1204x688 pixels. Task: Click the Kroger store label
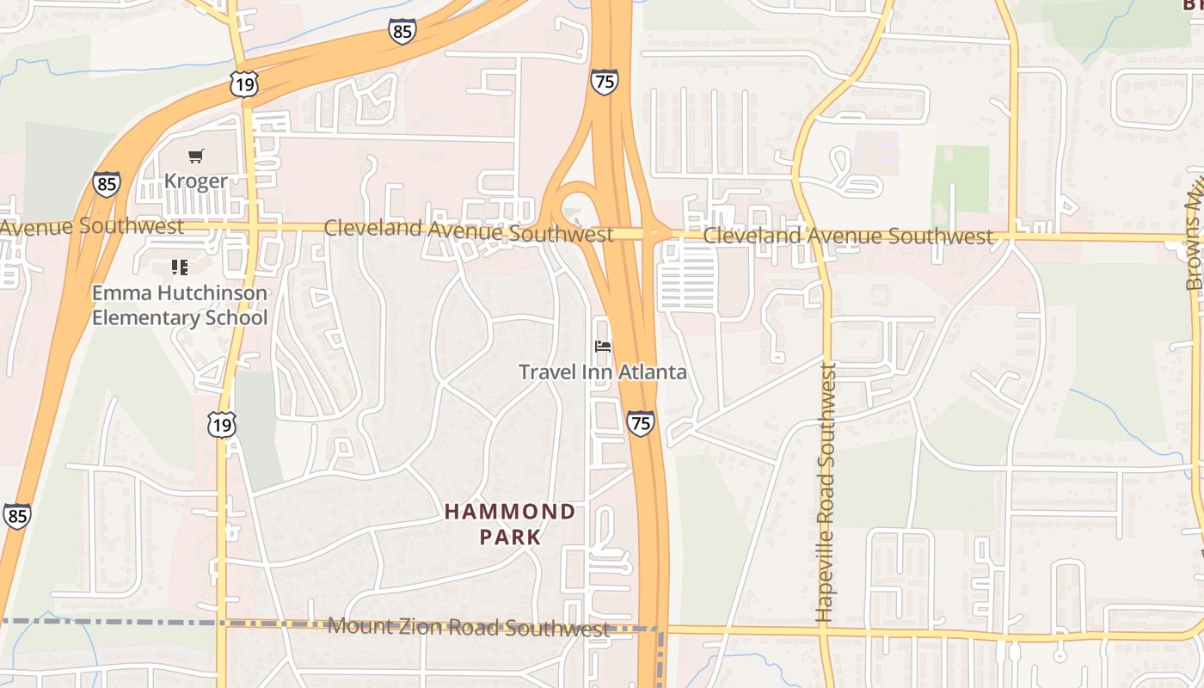pyautogui.click(x=195, y=181)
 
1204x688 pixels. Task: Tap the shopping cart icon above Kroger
pyautogui.click(x=196, y=156)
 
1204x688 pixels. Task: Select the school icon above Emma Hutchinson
pyautogui.click(x=179, y=267)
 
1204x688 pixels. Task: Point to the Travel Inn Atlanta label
pyautogui.click(x=602, y=372)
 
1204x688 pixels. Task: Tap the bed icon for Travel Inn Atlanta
pyautogui.click(x=603, y=347)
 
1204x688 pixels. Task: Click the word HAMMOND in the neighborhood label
pyautogui.click(x=510, y=513)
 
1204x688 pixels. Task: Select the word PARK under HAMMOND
pyautogui.click(x=510, y=537)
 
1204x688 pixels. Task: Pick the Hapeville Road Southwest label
pyautogui.click(x=826, y=492)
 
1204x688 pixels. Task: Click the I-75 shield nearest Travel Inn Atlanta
pyautogui.click(x=640, y=422)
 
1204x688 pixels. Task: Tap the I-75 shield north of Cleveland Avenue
pyautogui.click(x=604, y=82)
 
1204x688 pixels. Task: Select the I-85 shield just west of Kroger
pyautogui.click(x=107, y=184)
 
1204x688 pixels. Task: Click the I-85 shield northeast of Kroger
pyautogui.click(x=402, y=32)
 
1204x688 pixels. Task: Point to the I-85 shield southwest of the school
pyautogui.click(x=16, y=515)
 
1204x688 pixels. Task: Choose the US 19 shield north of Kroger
pyautogui.click(x=243, y=83)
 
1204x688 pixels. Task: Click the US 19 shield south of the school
pyautogui.click(x=221, y=424)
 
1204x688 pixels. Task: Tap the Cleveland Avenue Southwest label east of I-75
pyautogui.click(x=847, y=236)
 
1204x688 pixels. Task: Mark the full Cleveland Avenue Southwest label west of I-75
pyautogui.click(x=469, y=230)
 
